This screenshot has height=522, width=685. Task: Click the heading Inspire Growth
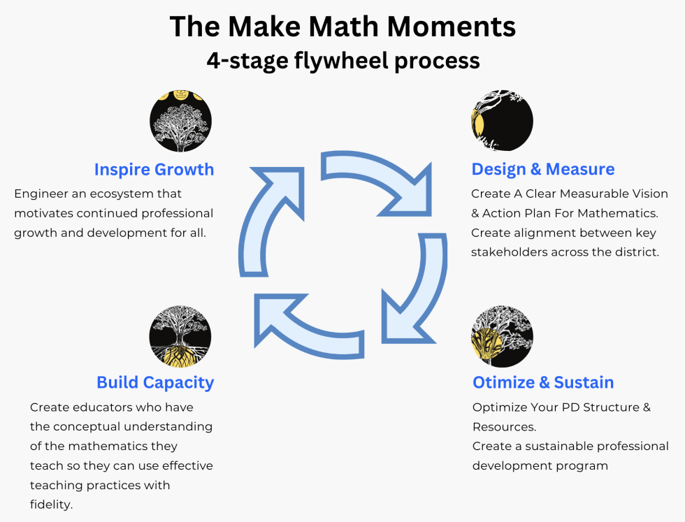154,170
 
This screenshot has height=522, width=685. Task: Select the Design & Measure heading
543,169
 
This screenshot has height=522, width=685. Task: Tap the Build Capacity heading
155,383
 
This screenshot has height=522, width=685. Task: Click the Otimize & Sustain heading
543,382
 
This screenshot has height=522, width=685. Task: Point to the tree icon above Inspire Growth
181,121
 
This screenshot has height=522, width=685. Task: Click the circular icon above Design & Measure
503,121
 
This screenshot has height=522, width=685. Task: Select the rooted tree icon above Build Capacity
180,336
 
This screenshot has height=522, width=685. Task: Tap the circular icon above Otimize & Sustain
503,336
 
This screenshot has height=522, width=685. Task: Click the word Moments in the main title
452,27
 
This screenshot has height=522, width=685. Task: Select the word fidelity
51,505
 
